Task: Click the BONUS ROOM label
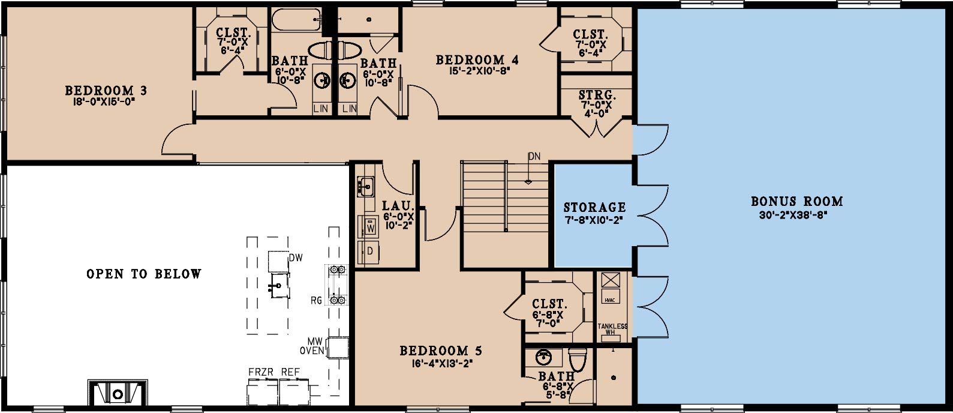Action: point(796,201)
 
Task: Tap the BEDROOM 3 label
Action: point(106,91)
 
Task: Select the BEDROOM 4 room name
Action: point(477,60)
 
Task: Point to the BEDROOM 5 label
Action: point(441,351)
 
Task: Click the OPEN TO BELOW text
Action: point(144,274)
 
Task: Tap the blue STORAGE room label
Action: point(595,207)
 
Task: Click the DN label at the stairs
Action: point(534,156)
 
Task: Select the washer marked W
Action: point(368,226)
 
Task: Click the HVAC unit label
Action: point(610,300)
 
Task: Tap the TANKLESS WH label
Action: point(612,329)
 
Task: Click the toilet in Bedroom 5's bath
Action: point(578,360)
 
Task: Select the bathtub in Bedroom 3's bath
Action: point(296,20)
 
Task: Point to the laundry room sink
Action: point(365,186)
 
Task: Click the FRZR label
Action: point(261,372)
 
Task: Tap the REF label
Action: point(290,372)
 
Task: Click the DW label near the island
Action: point(296,258)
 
